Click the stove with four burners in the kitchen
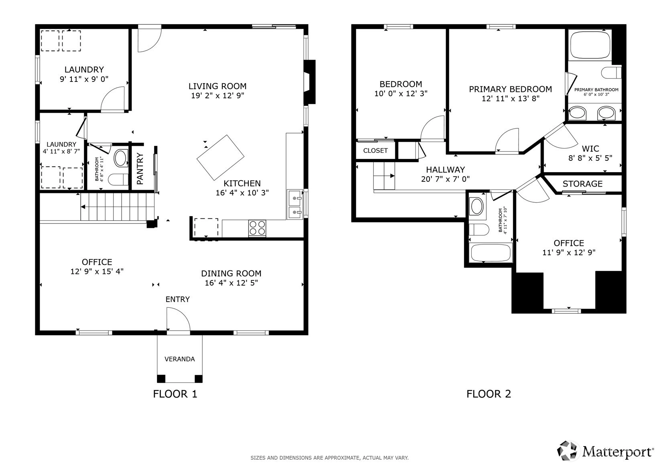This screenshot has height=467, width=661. coord(257,228)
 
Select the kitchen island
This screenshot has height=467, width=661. coord(220,158)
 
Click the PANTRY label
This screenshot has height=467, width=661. coord(140,169)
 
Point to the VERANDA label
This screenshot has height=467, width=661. coord(180,359)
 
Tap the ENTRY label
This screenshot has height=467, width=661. coord(178,299)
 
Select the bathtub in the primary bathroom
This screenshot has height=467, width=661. coord(590,45)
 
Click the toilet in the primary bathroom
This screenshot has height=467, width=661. coord(611,73)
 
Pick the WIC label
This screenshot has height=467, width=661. coord(590,148)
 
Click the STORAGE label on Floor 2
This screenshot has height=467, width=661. coord(582,184)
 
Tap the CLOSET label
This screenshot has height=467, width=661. coord(375,150)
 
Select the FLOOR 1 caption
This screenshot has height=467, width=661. coord(175,394)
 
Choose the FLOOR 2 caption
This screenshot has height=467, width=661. coord(489,394)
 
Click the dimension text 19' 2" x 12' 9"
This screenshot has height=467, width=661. coord(218,95)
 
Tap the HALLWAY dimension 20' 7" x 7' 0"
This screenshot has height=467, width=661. coord(445,179)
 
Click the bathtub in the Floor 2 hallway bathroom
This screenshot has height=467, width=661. coord(490,253)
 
